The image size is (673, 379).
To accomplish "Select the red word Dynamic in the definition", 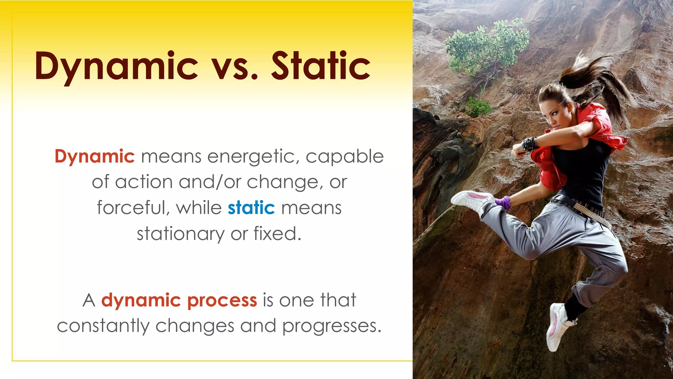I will coord(95,157).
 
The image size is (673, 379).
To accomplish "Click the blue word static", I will coord(251,208).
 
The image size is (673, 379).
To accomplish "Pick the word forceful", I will coord(133,208).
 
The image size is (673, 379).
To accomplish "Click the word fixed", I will coord(277,234).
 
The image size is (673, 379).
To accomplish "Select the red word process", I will coord(222,300).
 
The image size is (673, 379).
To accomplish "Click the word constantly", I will coord(103,326).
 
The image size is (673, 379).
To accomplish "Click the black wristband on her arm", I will coord(529,144).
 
